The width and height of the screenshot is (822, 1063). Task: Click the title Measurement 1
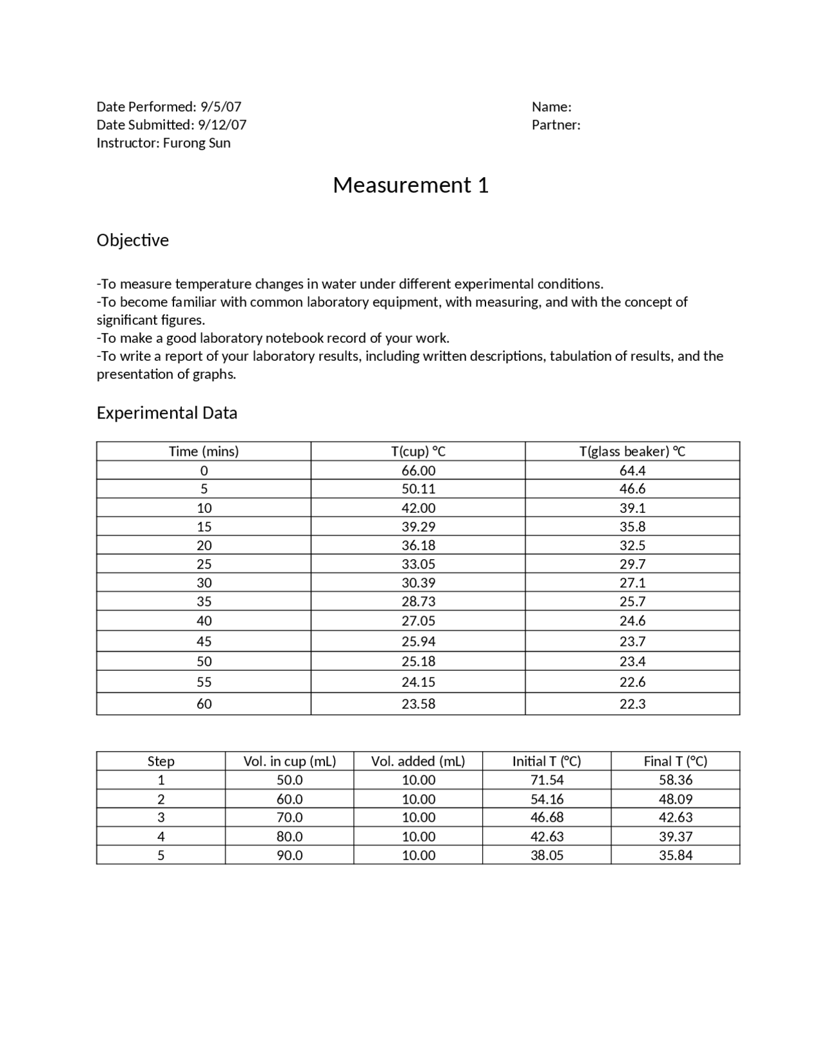tap(410, 186)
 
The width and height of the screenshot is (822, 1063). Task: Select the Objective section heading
tap(132, 240)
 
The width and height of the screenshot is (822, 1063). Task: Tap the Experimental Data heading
tap(166, 413)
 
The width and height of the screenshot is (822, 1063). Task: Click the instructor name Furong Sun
tap(197, 143)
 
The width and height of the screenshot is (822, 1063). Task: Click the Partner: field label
tap(555, 125)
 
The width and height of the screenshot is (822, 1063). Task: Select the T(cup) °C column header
tap(418, 451)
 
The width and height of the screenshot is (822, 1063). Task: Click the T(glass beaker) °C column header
tap(632, 451)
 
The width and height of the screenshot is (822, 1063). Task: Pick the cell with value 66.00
tap(418, 471)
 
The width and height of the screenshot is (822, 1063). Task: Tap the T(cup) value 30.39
tap(418, 583)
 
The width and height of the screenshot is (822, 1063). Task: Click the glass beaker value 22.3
tap(632, 704)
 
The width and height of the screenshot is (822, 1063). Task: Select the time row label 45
tap(204, 641)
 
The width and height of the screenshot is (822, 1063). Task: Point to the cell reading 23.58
tap(418, 704)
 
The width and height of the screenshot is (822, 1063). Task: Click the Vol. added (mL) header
tap(418, 761)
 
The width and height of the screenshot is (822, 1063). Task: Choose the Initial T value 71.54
tap(547, 780)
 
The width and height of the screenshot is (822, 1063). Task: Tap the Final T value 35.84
tap(675, 855)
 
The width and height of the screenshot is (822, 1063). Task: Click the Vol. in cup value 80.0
tap(290, 836)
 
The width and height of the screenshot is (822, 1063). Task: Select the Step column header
tap(161, 761)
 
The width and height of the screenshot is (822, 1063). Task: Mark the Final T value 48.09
tap(675, 799)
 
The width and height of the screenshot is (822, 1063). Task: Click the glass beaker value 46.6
tap(632, 488)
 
